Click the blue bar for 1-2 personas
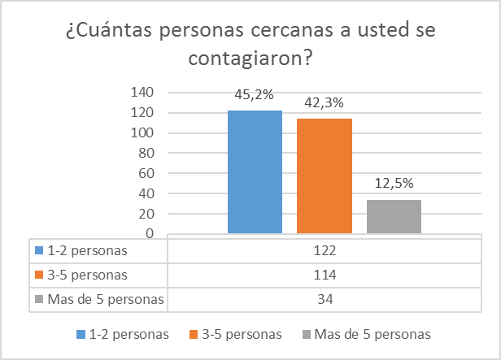tap(255, 172)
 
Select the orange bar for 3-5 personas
tap(325, 176)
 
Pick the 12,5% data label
tap(394, 183)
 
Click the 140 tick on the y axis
tap(144, 92)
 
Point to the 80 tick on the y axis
tap(147, 153)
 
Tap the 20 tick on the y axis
tap(147, 214)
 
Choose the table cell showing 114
tap(325, 275)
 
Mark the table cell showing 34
tap(325, 300)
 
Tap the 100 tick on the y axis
tap(144, 132)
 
